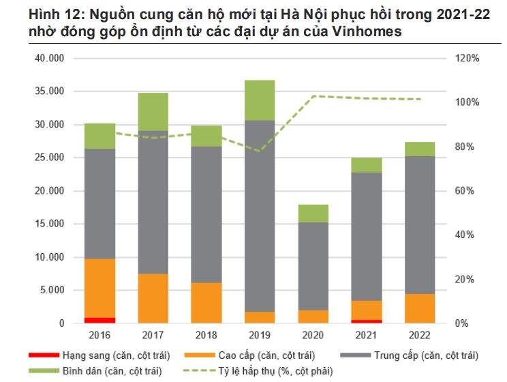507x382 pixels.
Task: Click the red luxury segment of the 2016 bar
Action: point(99,320)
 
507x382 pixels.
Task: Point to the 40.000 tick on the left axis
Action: point(48,59)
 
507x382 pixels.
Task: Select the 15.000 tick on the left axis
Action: point(48,224)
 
